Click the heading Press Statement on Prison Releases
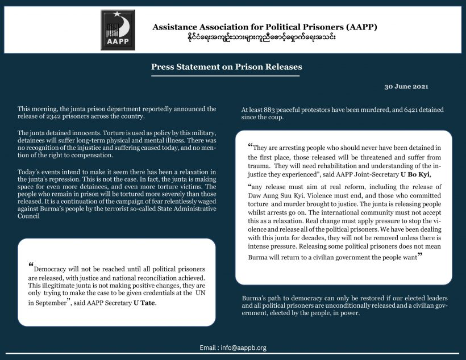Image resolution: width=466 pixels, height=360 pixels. point(226,66)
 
